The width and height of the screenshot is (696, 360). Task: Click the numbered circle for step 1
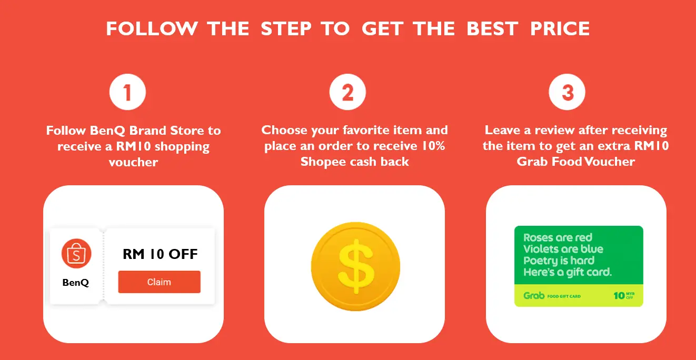(127, 92)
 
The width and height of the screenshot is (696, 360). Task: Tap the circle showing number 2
(347, 92)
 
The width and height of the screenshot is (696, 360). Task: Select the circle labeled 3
(567, 92)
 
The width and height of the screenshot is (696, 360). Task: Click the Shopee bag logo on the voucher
(76, 254)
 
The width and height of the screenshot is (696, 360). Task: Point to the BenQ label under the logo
(76, 283)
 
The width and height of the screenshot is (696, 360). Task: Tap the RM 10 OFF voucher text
(160, 254)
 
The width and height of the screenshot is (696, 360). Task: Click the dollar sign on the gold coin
(356, 266)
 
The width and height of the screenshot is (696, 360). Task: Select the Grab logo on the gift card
(534, 295)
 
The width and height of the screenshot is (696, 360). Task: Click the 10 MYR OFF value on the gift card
(624, 295)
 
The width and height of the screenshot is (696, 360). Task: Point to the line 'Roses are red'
(558, 237)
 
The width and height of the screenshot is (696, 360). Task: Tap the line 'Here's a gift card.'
(568, 273)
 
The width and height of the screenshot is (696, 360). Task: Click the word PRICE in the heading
(560, 28)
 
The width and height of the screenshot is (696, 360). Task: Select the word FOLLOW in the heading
(152, 28)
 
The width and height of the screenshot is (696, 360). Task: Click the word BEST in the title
(492, 28)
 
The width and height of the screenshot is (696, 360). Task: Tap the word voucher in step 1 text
(133, 162)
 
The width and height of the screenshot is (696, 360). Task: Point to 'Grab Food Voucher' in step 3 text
(576, 162)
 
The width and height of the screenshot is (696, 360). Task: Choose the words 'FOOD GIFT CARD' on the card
(564, 296)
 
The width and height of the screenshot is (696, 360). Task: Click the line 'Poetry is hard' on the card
(559, 261)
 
